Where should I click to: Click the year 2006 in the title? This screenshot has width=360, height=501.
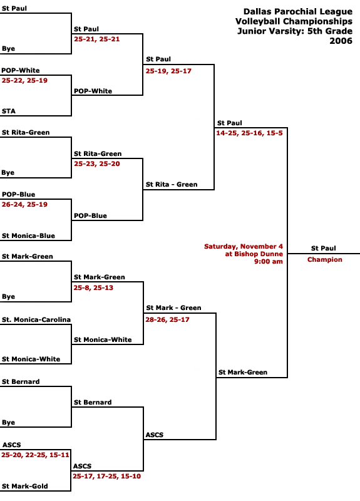[341, 41]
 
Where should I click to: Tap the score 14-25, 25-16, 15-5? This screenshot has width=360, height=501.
[249, 133]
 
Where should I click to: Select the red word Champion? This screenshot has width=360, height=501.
[324, 259]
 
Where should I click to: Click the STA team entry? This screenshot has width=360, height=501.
[9, 111]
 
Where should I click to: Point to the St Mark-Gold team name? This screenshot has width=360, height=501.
[25, 487]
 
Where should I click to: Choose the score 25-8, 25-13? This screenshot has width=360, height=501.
[93, 287]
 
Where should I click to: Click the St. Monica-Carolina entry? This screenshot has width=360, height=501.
[36, 319]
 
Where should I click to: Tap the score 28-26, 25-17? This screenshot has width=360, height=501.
[167, 319]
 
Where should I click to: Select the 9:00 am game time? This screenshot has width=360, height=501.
[269, 261]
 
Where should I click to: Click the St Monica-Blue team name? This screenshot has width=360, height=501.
[28, 236]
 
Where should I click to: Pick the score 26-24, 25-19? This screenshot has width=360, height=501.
[24, 205]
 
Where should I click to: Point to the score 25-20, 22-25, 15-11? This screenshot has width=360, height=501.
[35, 455]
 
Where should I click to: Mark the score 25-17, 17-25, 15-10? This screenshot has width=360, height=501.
[106, 477]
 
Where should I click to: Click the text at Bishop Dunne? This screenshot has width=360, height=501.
[254, 254]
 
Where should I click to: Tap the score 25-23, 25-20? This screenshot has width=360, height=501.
[97, 164]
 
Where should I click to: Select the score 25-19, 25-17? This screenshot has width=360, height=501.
[168, 71]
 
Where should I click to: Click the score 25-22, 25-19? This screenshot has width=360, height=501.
[24, 81]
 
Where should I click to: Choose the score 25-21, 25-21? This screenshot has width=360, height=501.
[97, 39]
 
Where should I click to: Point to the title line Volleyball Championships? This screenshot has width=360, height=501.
[294, 21]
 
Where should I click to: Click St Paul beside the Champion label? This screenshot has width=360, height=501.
[324, 248]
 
